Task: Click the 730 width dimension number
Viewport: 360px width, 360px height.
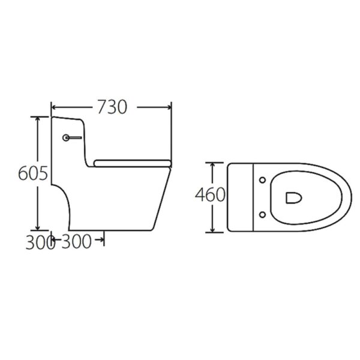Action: click(112, 107)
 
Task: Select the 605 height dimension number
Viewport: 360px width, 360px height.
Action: click(32, 173)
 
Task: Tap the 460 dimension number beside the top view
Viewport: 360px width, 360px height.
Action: click(211, 195)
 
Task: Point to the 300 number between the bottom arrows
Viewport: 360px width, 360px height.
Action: click(77, 242)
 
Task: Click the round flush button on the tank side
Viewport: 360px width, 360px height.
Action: click(65, 138)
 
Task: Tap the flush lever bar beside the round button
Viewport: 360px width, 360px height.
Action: click(74, 138)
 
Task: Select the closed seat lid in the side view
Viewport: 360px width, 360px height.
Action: click(133, 162)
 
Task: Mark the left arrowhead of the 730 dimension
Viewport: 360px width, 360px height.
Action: click(54, 107)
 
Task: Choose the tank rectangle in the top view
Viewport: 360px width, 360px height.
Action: click(242, 197)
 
